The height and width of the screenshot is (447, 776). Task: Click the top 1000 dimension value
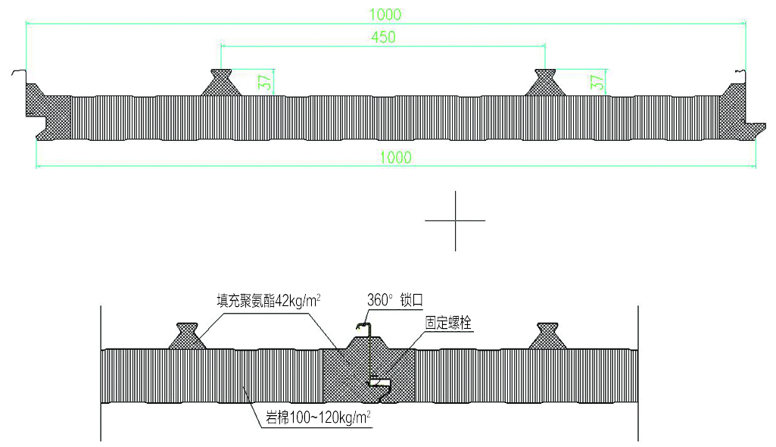coord(385,14)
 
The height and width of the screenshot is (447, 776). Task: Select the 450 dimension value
coord(384,37)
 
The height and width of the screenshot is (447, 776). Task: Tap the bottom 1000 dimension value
coord(395,158)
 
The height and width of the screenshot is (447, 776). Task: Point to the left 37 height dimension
coord(266,82)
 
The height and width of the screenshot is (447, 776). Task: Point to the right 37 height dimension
coord(597,82)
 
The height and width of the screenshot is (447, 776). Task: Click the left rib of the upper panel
coord(221,82)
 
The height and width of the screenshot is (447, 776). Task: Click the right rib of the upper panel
coord(545,82)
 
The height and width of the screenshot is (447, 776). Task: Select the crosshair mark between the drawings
coord(455,220)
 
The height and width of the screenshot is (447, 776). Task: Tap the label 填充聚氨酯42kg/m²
coord(268,301)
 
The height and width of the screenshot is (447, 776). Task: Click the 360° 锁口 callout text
coord(395,300)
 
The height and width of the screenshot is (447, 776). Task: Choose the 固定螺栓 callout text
coord(448,323)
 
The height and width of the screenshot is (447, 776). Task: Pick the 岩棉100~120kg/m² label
coord(318,417)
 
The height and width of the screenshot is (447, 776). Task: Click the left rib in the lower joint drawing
coord(187,336)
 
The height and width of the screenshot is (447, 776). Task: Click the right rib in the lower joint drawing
coord(547,336)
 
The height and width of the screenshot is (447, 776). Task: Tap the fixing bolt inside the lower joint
coord(379,382)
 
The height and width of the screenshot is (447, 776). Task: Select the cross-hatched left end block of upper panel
coord(48,112)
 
